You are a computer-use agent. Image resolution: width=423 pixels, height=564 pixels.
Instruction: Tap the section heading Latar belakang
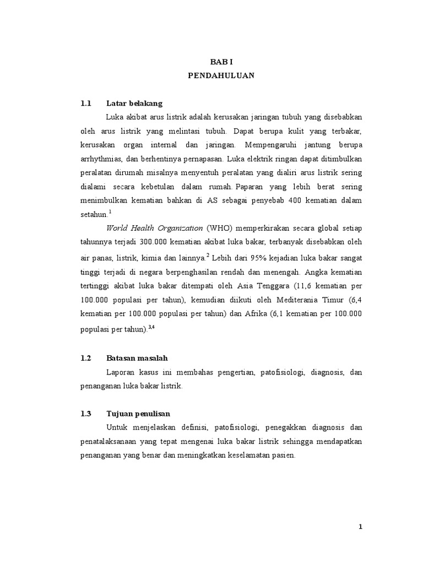pos(134,103)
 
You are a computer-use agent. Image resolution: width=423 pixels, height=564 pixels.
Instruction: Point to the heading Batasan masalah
pos(137,358)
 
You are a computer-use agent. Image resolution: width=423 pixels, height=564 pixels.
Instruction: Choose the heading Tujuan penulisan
pos(138,413)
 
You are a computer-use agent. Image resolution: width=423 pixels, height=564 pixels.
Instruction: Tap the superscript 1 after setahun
pos(110,210)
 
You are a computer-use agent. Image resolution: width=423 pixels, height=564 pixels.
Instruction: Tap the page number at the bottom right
pos(360,527)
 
